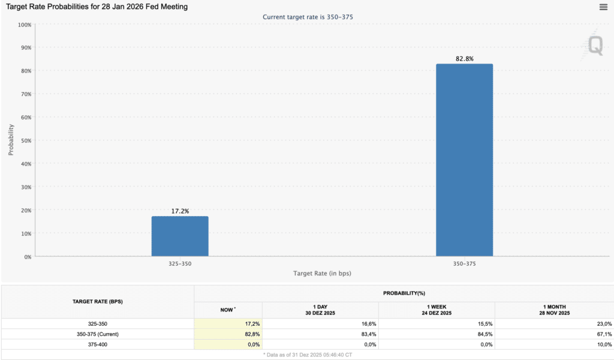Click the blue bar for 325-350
pos(180,236)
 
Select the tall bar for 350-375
pos(465,160)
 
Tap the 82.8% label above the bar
pos(465,59)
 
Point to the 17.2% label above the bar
pos(180,211)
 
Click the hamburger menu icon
pos(603,7)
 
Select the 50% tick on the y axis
pos(26,140)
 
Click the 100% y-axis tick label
pos(25,25)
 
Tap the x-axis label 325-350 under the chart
pos(180,263)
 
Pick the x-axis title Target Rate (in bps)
pos(322,274)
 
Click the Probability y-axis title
pos(11,140)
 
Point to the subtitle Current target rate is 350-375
pos(308,17)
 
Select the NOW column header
pos(228,310)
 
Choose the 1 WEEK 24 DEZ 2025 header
pos(437,310)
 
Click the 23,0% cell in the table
pos(604,324)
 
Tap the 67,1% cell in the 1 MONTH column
pos(604,334)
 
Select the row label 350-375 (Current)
pos(98,334)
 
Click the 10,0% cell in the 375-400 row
pos(604,345)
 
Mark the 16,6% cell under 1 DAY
pos(369,324)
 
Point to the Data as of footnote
pos(308,355)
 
